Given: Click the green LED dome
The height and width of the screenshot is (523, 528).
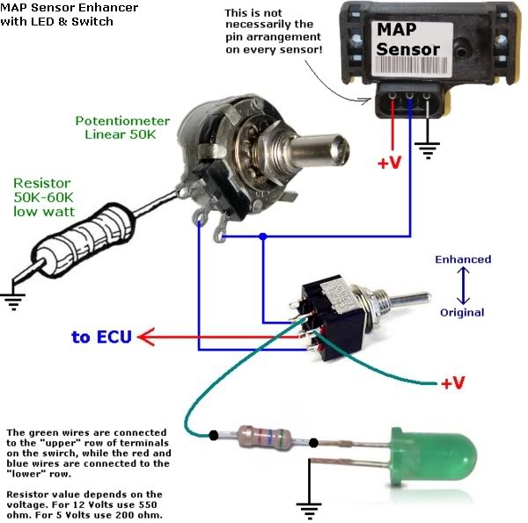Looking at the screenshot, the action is (435, 456).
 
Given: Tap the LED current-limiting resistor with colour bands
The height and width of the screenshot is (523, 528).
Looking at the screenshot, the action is (264, 438).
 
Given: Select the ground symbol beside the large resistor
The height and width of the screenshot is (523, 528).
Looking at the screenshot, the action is (13, 301).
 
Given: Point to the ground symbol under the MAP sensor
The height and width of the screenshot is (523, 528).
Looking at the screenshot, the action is (428, 150).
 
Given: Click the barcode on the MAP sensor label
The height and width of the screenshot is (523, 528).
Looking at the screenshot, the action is (411, 65).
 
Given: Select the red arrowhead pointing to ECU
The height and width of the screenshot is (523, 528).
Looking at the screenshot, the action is (146, 337).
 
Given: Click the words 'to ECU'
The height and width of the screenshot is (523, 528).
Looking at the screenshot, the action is (101, 337).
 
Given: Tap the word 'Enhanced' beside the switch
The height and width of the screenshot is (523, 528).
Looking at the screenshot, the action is (463, 259).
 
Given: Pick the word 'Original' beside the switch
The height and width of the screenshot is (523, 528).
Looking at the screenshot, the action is (462, 312).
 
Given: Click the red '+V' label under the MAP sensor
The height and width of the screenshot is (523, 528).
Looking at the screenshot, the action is (390, 163).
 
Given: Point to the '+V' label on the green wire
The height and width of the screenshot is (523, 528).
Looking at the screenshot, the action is (453, 382).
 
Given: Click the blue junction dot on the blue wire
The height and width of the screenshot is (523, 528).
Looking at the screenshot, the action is (263, 236).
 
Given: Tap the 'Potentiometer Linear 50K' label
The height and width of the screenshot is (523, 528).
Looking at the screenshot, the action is (122, 127).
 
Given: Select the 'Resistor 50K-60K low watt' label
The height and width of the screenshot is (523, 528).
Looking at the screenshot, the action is (44, 197).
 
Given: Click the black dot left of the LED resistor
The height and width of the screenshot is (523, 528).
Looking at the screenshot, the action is (213, 435).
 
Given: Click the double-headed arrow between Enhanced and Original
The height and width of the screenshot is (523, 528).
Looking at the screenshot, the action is (463, 286).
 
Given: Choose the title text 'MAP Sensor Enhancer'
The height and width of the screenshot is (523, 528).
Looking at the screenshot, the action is (69, 7).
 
